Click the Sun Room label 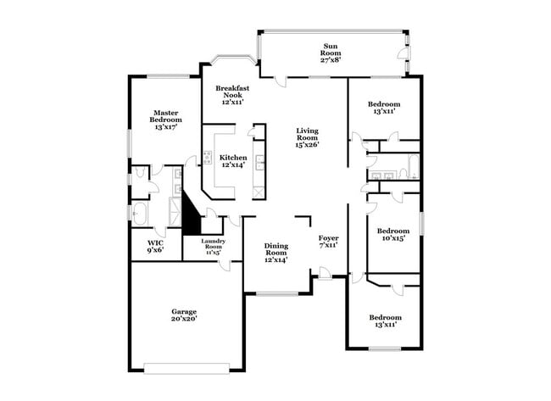[x=330, y=53]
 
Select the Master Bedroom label [x=166, y=120]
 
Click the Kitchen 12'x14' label [x=234, y=161]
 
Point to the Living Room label [x=307, y=137]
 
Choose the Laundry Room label [x=212, y=246]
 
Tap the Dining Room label [x=276, y=252]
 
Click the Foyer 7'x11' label [x=329, y=242]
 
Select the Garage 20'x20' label [x=184, y=315]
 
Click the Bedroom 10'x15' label [x=393, y=235]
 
